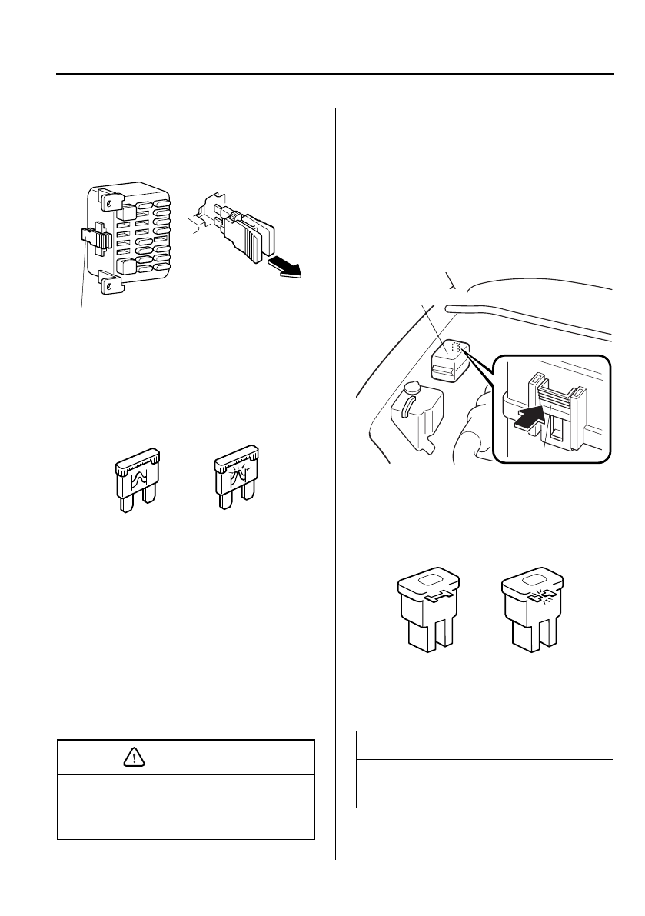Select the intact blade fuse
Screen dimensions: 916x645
[138, 480]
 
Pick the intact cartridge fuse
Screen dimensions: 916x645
[427, 611]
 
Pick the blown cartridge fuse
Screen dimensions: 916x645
[531, 611]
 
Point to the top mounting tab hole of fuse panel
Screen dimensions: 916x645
[108, 202]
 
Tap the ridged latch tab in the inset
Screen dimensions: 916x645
[555, 397]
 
